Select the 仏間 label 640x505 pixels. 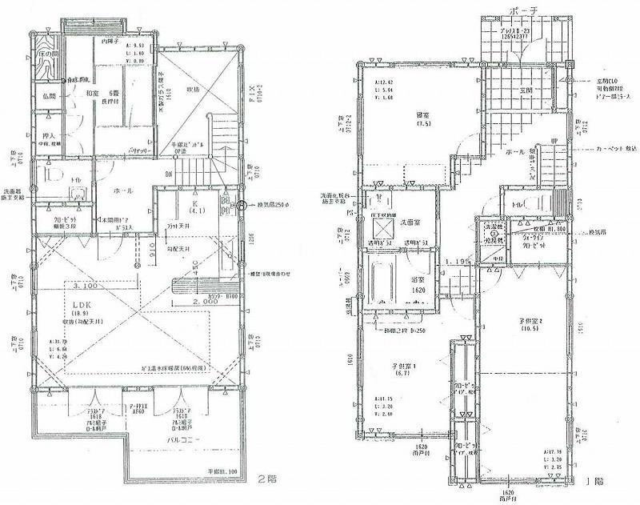46,96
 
